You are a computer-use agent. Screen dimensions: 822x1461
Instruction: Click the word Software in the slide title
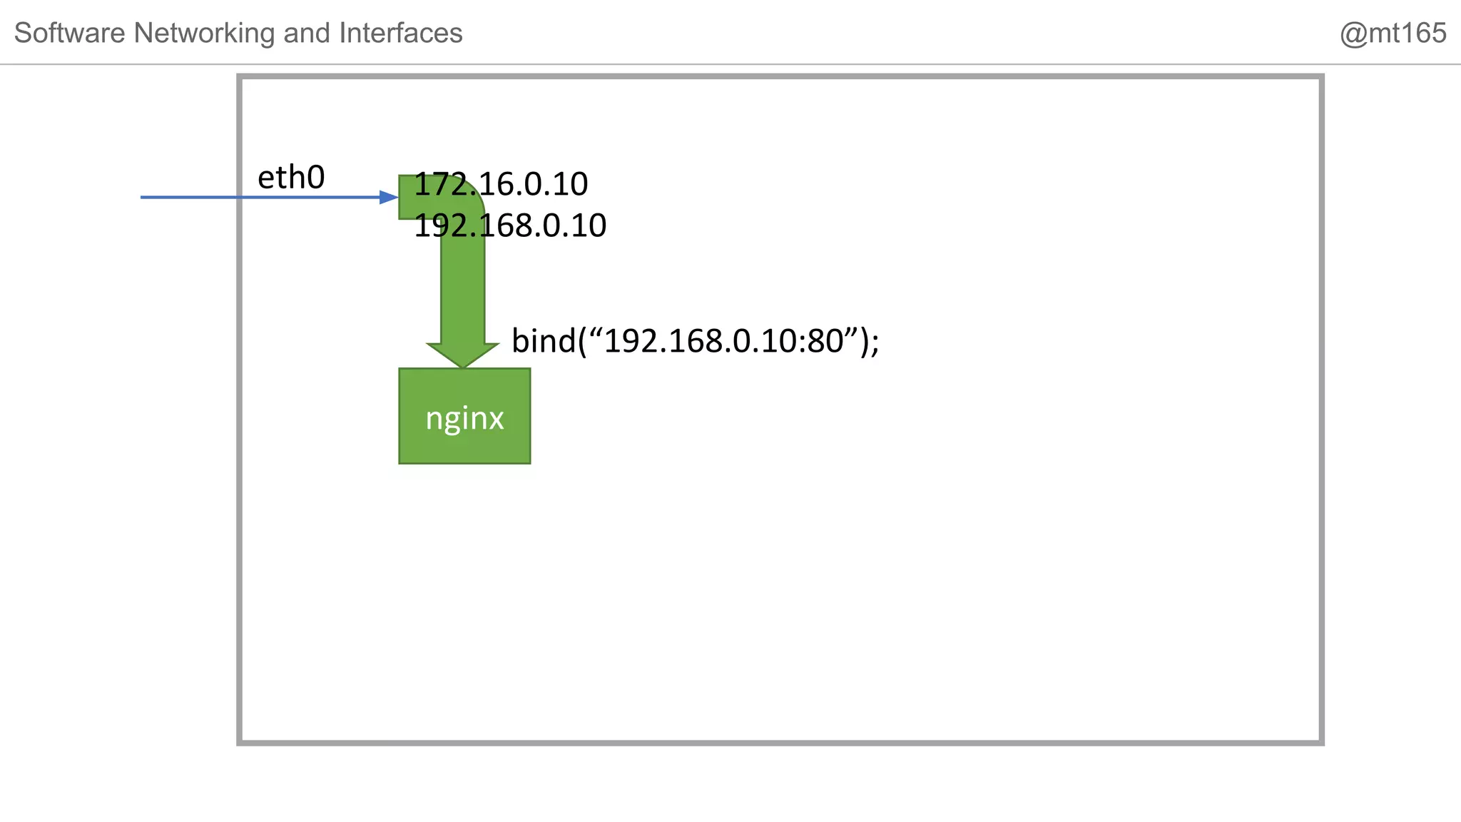(x=69, y=34)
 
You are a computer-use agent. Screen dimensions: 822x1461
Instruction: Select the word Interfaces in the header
(x=400, y=34)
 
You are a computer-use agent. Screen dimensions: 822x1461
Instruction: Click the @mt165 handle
(x=1393, y=34)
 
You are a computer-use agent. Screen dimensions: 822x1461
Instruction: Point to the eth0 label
(x=291, y=178)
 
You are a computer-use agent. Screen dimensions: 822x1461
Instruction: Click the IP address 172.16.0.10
(x=501, y=185)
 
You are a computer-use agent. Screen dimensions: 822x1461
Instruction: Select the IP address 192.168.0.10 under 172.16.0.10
(x=510, y=226)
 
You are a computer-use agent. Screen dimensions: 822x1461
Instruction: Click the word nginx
(x=464, y=418)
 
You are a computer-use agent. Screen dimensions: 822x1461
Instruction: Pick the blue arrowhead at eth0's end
(x=390, y=197)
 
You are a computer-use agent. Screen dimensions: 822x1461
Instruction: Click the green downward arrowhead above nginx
(x=463, y=355)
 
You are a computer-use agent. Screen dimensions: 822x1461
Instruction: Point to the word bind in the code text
(x=543, y=341)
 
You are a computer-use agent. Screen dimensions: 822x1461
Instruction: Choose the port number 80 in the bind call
(x=825, y=341)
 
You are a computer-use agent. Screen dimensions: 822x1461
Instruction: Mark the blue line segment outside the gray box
(x=189, y=197)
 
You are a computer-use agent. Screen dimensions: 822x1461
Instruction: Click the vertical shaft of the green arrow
(x=463, y=285)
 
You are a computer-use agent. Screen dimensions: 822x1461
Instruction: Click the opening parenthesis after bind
(x=581, y=341)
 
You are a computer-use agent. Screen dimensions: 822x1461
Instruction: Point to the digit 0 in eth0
(x=315, y=178)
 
